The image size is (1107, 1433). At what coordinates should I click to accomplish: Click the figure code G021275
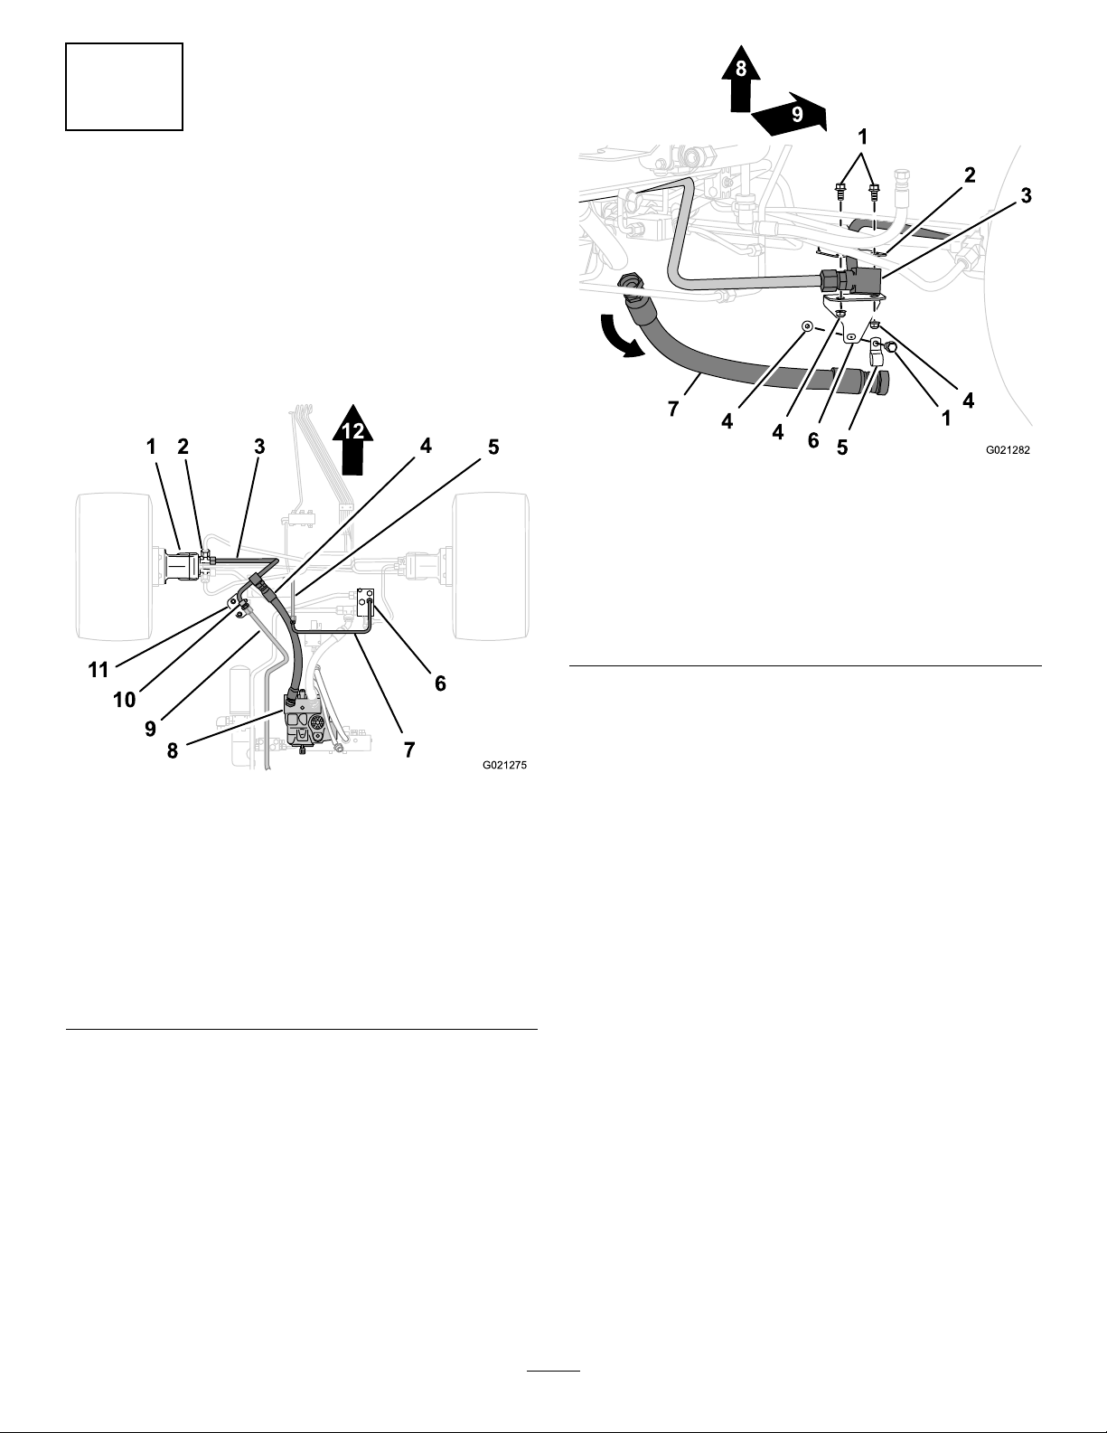pos(505,765)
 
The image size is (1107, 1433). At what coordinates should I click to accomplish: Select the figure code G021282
pos(1008,449)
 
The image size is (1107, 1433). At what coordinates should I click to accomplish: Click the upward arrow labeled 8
pos(741,78)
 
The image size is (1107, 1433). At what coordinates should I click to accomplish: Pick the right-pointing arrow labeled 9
pos(790,114)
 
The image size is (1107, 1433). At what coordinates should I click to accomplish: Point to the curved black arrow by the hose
pos(619,337)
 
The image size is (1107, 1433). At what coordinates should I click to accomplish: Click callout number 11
pos(99,670)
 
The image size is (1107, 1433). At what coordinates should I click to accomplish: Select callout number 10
pos(125,700)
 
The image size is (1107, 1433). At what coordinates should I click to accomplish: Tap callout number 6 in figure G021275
pos(440,684)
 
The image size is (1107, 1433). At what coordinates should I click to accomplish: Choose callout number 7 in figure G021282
pos(672,410)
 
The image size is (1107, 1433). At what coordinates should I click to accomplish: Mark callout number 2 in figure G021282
pos(970,174)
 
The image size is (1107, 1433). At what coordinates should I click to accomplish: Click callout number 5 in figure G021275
pos(493,448)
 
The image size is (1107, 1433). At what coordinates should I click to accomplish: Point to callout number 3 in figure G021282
pos(1026,196)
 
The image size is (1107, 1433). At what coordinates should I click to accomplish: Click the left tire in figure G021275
pos(116,567)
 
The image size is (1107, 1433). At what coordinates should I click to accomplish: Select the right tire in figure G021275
pos(492,567)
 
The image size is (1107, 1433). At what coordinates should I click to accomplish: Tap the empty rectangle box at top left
pos(124,87)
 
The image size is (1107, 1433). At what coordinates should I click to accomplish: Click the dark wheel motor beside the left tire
pos(181,566)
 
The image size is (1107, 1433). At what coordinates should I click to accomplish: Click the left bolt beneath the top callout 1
pos(840,192)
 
